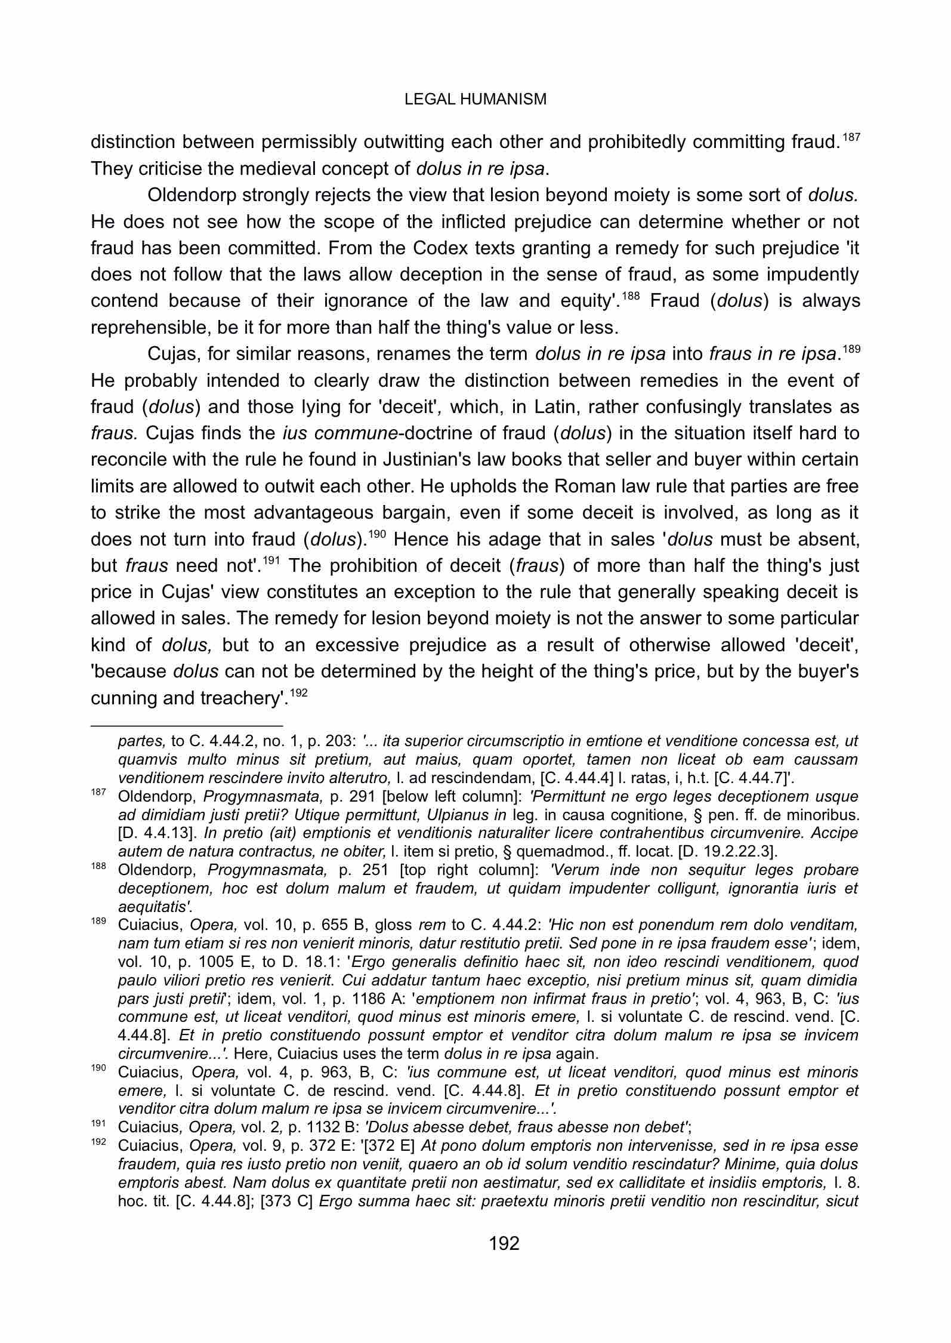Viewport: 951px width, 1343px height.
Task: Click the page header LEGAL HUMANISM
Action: (475, 99)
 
